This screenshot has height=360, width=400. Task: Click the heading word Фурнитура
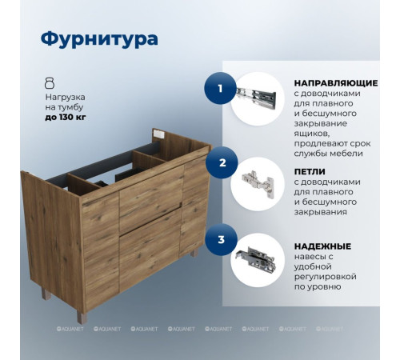tap(99, 38)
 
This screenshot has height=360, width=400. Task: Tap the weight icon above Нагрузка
tap(50, 82)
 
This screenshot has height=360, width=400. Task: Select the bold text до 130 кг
tap(66, 118)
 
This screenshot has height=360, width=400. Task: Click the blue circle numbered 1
tap(220, 88)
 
